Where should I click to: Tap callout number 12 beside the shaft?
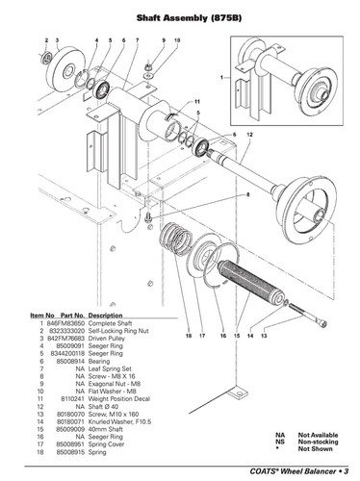pos(249,135)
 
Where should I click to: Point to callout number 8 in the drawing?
pos(246,193)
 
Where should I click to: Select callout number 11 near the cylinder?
pos(196,102)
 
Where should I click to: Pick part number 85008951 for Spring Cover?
pos(67,444)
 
